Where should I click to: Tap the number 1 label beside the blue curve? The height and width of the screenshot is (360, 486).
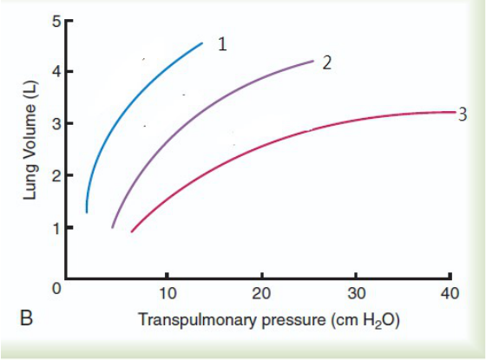click(x=222, y=44)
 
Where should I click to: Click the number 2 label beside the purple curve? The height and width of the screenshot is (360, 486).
click(x=326, y=62)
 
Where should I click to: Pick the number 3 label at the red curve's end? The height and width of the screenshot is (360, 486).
click(x=462, y=115)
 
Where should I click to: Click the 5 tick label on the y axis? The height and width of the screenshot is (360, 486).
click(x=56, y=23)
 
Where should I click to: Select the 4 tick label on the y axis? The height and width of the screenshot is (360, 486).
click(x=56, y=72)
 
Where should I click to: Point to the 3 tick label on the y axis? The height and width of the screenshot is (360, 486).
click(x=56, y=124)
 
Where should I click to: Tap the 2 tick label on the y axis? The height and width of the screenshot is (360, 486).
click(x=56, y=175)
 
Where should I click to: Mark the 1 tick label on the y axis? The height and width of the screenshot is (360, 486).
click(x=56, y=228)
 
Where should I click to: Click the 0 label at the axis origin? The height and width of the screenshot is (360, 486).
click(x=56, y=288)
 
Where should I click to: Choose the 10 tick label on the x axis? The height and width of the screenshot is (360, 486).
click(x=167, y=293)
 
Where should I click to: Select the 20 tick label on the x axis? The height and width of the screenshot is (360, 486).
click(x=261, y=293)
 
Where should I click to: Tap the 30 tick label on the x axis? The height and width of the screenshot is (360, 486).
click(x=357, y=293)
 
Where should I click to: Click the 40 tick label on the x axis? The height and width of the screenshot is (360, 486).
click(x=450, y=293)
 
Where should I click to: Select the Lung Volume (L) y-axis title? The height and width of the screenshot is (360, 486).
click(x=30, y=141)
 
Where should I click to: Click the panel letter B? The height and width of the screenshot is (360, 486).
click(x=26, y=317)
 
